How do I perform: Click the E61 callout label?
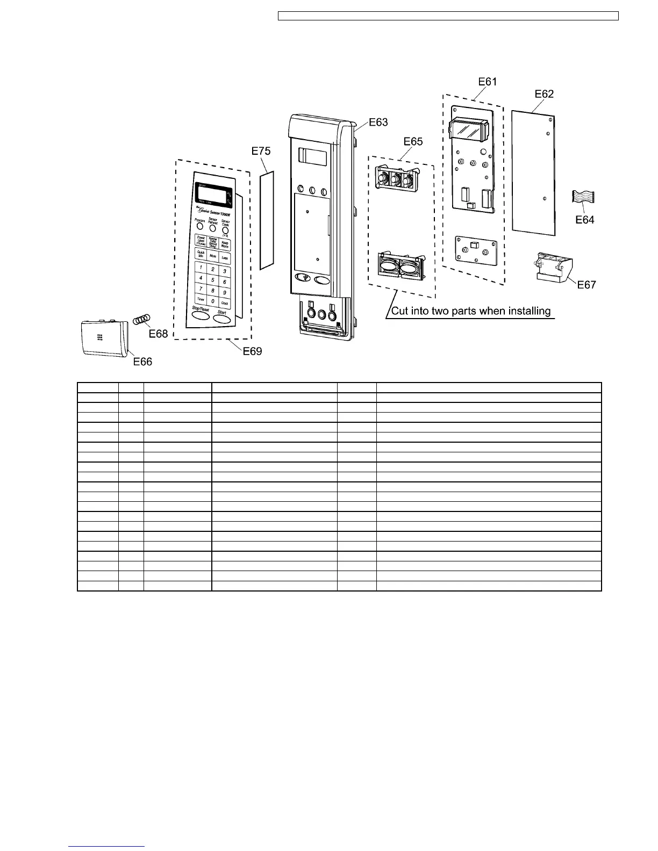pyautogui.click(x=487, y=82)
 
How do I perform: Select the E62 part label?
pyautogui.click(x=544, y=94)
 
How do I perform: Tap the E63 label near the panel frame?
pyautogui.click(x=378, y=122)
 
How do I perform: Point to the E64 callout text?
pyautogui.click(x=584, y=220)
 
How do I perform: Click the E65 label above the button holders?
pyautogui.click(x=413, y=141)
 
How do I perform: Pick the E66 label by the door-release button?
pyautogui.click(x=142, y=362)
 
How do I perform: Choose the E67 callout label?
pyautogui.click(x=587, y=285)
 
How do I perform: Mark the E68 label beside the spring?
pyautogui.click(x=159, y=334)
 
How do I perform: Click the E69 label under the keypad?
pyautogui.click(x=252, y=351)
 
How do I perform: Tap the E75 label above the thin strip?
pyautogui.click(x=261, y=151)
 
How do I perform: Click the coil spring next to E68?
pyautogui.click(x=142, y=319)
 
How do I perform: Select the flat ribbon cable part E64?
pyautogui.click(x=583, y=197)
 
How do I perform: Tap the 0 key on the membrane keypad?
pyautogui.click(x=213, y=301)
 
